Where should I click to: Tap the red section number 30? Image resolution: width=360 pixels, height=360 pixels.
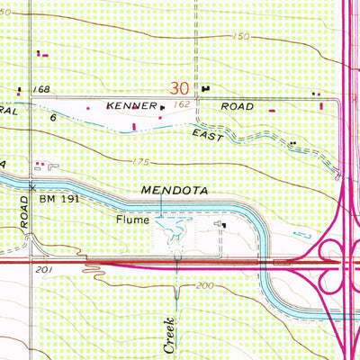pos(180,89)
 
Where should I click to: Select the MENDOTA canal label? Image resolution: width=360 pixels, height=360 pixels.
pos(176,191)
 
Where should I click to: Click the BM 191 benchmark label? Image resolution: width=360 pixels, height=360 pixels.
pos(57,188)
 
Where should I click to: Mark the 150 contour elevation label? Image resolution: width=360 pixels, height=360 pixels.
pos(238,37)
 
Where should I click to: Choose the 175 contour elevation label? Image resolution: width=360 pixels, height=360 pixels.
pos(141,162)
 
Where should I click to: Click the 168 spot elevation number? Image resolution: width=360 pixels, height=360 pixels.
pos(40,90)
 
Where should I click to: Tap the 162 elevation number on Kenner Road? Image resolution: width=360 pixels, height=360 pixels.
pos(183,106)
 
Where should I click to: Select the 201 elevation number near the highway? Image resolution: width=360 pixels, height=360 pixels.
pos(40,269)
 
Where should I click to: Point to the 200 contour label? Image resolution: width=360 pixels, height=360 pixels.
pos(208,285)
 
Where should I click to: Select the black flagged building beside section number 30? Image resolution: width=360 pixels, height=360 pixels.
pos(206,88)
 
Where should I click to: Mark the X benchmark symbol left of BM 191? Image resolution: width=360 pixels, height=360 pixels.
pos(32,187)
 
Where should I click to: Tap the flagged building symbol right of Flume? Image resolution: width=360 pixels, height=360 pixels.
pos(219,223)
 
